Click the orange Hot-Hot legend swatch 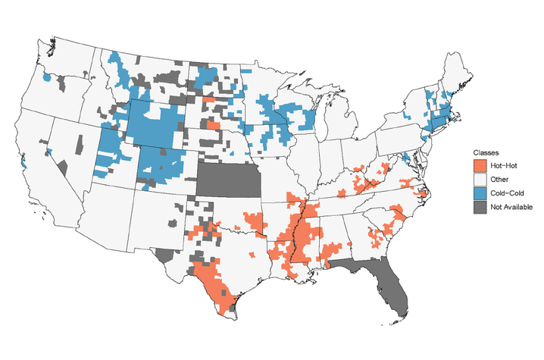point(480,165)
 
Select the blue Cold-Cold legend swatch point(480,193)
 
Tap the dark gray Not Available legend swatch point(480,206)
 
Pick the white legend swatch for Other point(480,179)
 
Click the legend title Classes point(486,152)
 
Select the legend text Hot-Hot point(503,165)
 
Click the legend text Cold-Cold point(506,193)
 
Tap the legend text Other point(499,179)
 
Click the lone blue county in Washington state point(47,77)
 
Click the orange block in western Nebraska point(214,126)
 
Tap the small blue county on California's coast point(25,163)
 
